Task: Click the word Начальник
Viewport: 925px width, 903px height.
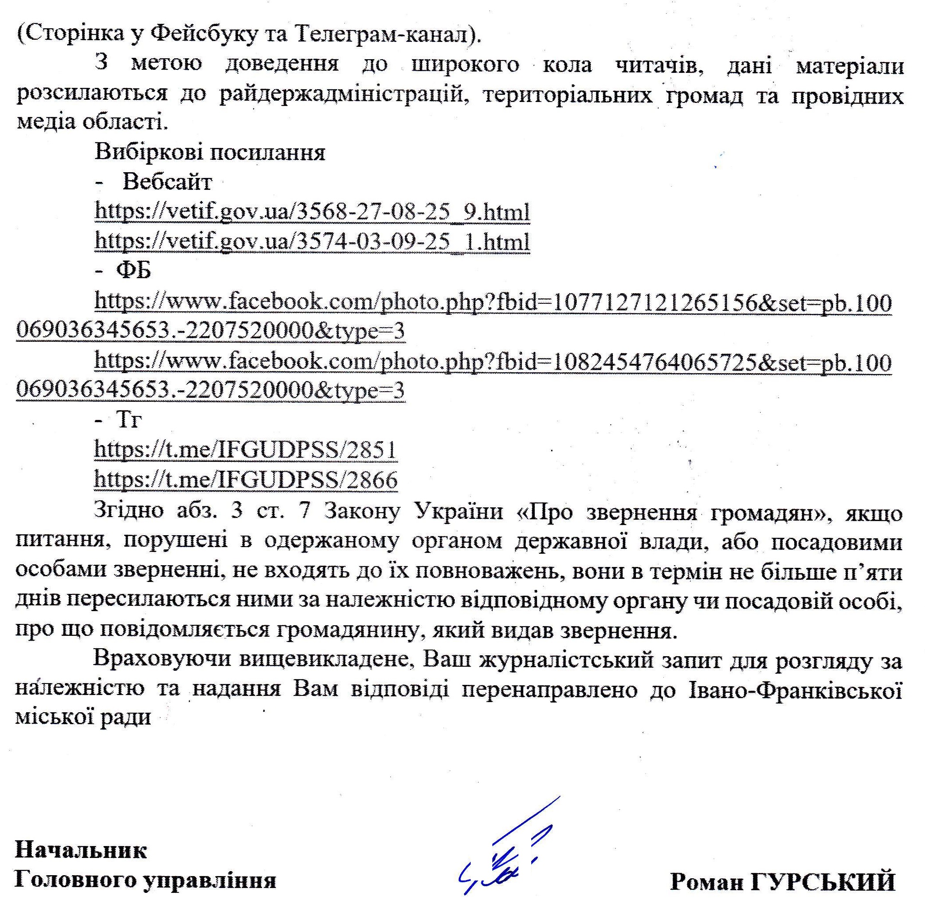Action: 81,850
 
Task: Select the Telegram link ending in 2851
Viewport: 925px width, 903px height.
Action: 245,450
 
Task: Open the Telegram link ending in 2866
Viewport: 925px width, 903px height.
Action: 245,480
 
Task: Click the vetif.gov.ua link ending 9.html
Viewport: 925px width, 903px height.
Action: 312,212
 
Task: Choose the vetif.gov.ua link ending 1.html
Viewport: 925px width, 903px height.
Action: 312,242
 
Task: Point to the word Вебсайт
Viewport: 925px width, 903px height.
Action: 167,182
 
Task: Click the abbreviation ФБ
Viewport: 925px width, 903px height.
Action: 134,271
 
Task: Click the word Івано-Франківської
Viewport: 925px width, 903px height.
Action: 795,690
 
